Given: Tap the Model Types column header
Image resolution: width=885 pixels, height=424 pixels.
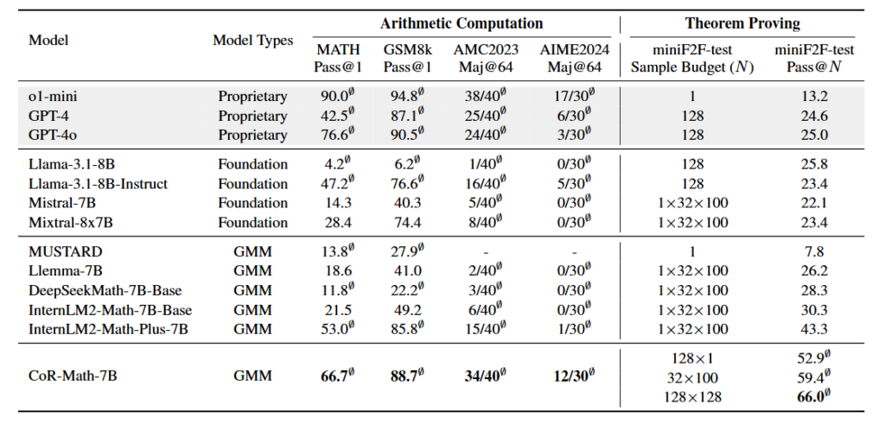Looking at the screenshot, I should tap(252, 41).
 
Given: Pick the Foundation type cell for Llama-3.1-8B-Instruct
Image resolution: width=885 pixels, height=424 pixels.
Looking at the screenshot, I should tap(252, 182).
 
